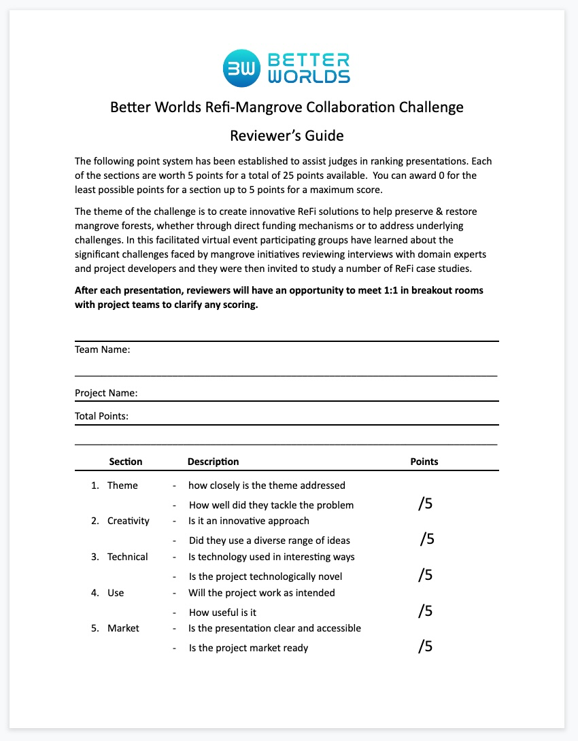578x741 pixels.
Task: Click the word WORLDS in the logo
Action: [x=309, y=76]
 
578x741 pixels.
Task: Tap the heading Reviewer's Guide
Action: [x=286, y=135]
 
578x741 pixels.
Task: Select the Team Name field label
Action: [x=102, y=350]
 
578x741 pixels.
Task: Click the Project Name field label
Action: [x=106, y=393]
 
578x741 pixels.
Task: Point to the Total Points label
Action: [x=101, y=416]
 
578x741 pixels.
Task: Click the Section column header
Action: [x=126, y=462]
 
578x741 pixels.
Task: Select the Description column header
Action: [x=213, y=462]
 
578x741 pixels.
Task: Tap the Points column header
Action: [x=424, y=462]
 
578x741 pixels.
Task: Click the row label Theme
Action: [x=122, y=485]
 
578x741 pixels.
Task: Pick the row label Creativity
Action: [x=128, y=521]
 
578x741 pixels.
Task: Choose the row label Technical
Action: [x=127, y=557]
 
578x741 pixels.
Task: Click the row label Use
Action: [x=116, y=593]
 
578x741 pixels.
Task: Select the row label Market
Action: [x=123, y=628]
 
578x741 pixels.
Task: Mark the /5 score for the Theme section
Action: [x=426, y=504]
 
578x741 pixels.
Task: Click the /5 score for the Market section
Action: [x=426, y=646]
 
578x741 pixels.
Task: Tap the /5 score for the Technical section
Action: [x=426, y=575]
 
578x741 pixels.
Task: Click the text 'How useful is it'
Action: [x=222, y=613]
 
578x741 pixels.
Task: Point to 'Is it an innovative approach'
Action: [x=249, y=521]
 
